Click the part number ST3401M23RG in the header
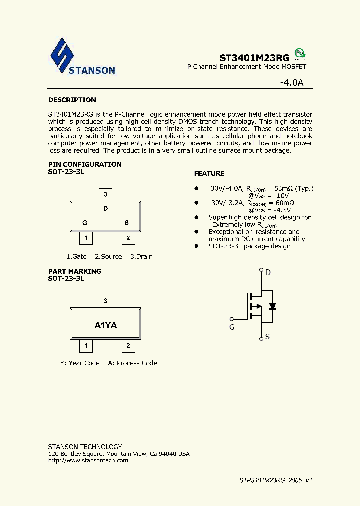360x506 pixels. click(x=254, y=57)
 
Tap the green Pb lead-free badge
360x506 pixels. click(x=299, y=53)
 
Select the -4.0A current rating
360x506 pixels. click(x=292, y=83)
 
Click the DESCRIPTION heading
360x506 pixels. click(x=72, y=100)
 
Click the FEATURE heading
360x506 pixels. click(x=209, y=173)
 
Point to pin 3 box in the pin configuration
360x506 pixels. click(x=105, y=194)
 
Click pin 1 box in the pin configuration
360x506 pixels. click(x=86, y=238)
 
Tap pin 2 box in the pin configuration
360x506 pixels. click(x=128, y=238)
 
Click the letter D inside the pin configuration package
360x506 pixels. click(x=106, y=209)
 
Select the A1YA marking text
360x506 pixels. click(x=106, y=325)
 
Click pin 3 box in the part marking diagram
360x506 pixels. click(x=105, y=301)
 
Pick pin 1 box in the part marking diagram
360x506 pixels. click(x=86, y=345)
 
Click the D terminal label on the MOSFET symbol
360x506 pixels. click(x=268, y=272)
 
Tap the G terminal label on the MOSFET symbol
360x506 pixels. click(x=232, y=327)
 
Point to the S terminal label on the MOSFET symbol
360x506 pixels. click(x=268, y=337)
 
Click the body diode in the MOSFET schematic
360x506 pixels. click(x=272, y=306)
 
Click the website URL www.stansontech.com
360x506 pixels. click(x=88, y=460)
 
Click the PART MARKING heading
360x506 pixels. click(x=75, y=271)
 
